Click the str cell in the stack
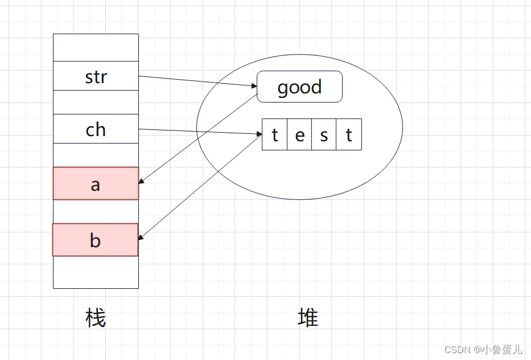pyautogui.click(x=96, y=76)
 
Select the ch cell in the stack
pyautogui.click(x=96, y=129)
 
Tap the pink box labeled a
pyautogui.click(x=96, y=183)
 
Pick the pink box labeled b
pyautogui.click(x=96, y=240)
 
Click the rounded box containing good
pyautogui.click(x=299, y=87)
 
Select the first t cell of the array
pyautogui.click(x=274, y=134)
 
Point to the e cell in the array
pyautogui.click(x=299, y=134)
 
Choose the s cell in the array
pyautogui.click(x=324, y=134)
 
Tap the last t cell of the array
pyautogui.click(x=349, y=134)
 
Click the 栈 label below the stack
pyautogui.click(x=96, y=318)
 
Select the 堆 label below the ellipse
pyautogui.click(x=308, y=318)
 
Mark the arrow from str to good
pyautogui.click(x=196, y=81)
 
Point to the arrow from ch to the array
pyautogui.click(x=199, y=132)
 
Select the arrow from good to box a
pyautogui.click(x=199, y=138)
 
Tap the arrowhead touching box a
pyautogui.click(x=142, y=182)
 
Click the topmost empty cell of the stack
pyautogui.click(x=96, y=47)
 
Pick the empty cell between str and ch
pyautogui.click(x=96, y=102)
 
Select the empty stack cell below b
pyautogui.click(x=96, y=272)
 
